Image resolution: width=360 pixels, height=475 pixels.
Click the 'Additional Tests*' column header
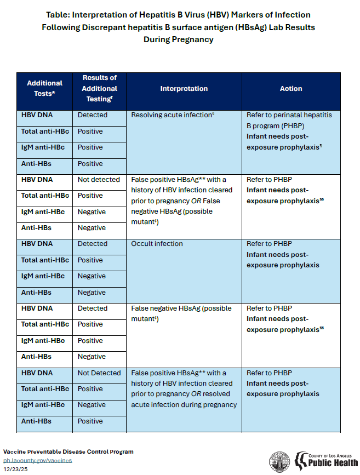coord(44,88)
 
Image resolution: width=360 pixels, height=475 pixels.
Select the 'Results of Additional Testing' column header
coord(100,88)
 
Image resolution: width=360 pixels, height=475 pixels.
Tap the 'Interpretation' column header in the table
coord(184,88)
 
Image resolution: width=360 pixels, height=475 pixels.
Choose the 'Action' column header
coord(291,88)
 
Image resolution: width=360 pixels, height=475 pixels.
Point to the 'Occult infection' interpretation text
coord(157,244)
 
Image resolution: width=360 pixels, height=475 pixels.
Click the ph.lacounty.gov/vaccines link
coord(38,460)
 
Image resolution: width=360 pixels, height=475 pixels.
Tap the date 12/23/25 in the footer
coord(15,469)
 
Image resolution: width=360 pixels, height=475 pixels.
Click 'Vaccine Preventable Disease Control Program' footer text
coord(68,452)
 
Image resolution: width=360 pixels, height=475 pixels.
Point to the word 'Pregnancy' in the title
coord(196,39)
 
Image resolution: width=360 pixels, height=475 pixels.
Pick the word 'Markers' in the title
coord(244,14)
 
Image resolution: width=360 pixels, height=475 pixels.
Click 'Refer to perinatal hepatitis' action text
coord(293,115)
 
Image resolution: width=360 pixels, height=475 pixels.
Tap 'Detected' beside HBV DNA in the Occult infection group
coord(93,244)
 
